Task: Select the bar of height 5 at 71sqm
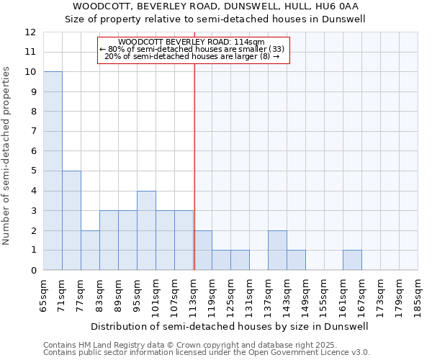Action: point(71,220)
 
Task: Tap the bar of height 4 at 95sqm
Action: point(146,230)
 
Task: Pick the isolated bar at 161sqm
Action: point(352,260)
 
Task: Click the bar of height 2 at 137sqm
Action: point(277,250)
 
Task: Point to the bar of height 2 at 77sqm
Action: point(90,250)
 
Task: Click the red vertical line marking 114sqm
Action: point(194,166)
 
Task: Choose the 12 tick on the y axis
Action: point(30,32)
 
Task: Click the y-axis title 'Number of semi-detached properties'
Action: point(6,156)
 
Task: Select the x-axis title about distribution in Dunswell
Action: point(230,326)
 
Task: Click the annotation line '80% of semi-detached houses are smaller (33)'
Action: point(192,49)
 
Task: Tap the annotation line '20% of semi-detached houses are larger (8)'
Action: point(192,56)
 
